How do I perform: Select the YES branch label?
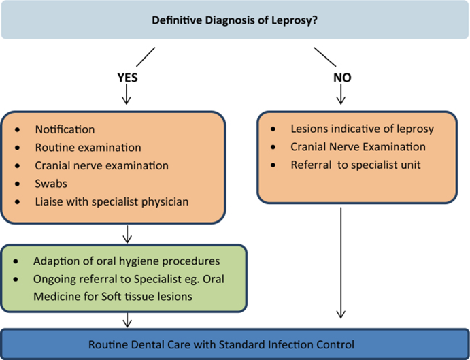(x=127, y=78)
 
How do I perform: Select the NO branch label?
(x=342, y=78)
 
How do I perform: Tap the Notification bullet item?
(x=65, y=129)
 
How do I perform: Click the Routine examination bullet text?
(x=88, y=147)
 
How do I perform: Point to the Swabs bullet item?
(x=51, y=184)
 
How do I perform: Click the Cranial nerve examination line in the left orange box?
(x=101, y=165)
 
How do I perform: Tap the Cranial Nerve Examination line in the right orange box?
(x=358, y=147)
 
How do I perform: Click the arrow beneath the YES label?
(x=126, y=97)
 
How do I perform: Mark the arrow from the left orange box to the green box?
(x=126, y=233)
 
